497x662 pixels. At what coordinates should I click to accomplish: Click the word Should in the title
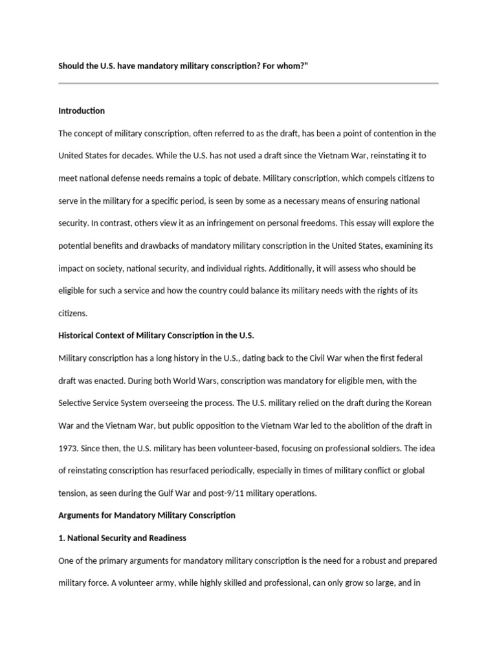71,65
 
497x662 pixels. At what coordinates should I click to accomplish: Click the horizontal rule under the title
248,83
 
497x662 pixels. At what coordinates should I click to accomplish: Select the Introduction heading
82,111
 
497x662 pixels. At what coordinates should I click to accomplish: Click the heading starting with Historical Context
157,335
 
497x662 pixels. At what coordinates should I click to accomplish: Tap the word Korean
417,402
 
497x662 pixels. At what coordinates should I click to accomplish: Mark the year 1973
69,447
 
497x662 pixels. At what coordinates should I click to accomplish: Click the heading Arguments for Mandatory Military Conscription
147,515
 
